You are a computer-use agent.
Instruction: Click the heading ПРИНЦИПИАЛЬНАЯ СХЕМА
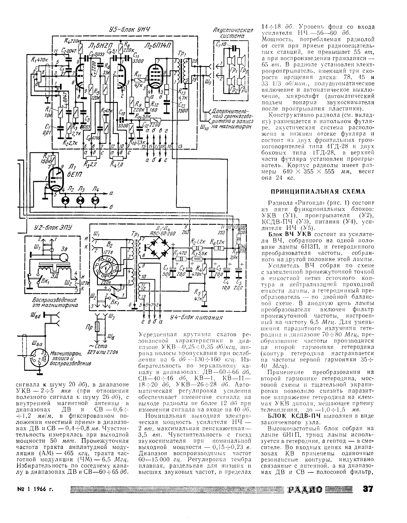coord(318,192)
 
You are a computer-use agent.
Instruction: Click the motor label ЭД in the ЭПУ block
coord(54,276)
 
